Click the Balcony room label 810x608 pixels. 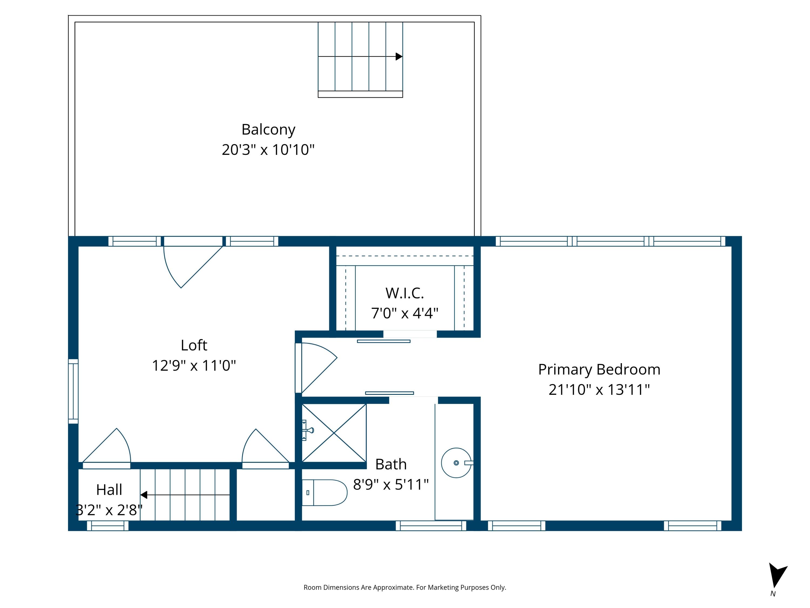pos(268,130)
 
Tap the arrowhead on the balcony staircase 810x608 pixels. pos(399,56)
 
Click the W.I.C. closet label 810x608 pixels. pos(405,293)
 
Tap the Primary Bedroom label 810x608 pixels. pos(599,369)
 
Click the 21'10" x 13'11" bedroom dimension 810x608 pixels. pos(599,390)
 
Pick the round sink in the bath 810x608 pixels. pos(456,463)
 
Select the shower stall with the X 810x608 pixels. pos(334,433)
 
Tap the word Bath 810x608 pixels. pos(391,464)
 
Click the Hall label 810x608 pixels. pos(109,490)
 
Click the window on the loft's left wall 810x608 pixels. pos(73,391)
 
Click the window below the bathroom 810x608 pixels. pos(431,526)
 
